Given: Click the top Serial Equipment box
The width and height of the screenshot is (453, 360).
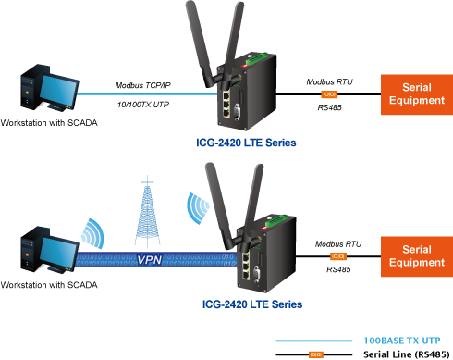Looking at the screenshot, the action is pyautogui.click(x=417, y=94).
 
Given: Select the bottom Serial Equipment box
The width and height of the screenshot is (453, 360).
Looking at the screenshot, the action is pyautogui.click(x=417, y=256).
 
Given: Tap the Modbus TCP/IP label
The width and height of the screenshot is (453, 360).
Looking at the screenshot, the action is pyautogui.click(x=143, y=85).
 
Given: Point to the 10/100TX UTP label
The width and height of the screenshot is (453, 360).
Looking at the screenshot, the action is pyautogui.click(x=143, y=105).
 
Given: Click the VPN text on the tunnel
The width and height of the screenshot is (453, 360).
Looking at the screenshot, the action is pyautogui.click(x=150, y=260).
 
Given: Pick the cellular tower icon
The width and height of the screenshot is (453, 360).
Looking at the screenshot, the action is pyautogui.click(x=148, y=212).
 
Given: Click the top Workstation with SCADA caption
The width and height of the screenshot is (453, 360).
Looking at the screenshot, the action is pyautogui.click(x=49, y=123).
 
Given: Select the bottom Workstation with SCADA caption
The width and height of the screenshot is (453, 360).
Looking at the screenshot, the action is pyautogui.click(x=49, y=285).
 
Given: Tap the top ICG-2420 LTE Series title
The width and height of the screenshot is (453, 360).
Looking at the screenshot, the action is pyautogui.click(x=246, y=143).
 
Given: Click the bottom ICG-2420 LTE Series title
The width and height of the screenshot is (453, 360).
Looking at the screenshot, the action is pyautogui.click(x=252, y=304).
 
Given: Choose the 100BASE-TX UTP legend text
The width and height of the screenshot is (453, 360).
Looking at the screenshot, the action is pyautogui.click(x=402, y=341).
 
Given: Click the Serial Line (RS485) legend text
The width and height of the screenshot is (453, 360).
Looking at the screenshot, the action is pyautogui.click(x=407, y=354).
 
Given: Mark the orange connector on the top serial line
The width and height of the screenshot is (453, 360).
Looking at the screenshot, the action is pyautogui.click(x=329, y=94).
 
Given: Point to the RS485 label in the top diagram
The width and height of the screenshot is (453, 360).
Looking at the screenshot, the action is pyautogui.click(x=329, y=107).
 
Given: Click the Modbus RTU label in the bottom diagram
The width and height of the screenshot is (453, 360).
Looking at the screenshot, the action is pyautogui.click(x=338, y=244).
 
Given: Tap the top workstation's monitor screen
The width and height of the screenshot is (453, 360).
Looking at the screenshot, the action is pyautogui.click(x=58, y=90).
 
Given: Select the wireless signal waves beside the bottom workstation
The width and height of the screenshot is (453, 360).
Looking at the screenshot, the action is pyautogui.click(x=93, y=233).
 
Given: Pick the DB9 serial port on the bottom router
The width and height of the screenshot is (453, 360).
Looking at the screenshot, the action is pyautogui.click(x=256, y=274).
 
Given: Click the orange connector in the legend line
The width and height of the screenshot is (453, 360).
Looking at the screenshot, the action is pyautogui.click(x=316, y=354).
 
